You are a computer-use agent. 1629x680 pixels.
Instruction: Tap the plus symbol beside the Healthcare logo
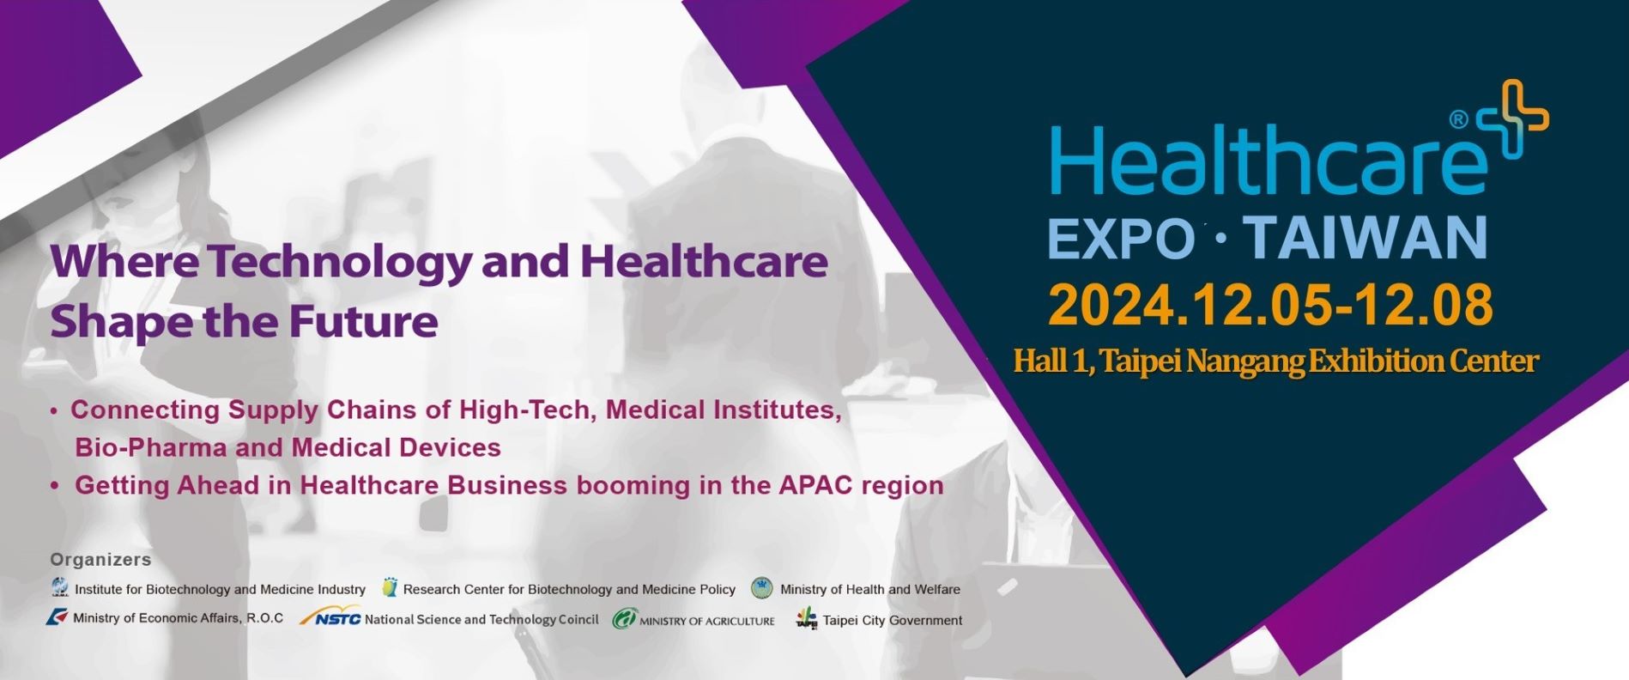coord(1512,120)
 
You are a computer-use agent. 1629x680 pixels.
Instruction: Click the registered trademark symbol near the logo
coord(1458,120)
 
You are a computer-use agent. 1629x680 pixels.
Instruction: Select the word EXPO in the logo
coord(1121,238)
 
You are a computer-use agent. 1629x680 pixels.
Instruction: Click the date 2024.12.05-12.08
coord(1270,305)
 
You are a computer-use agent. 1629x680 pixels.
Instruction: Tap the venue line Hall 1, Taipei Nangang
coord(1276,361)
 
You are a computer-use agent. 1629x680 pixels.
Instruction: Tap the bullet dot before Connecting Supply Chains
coord(54,411)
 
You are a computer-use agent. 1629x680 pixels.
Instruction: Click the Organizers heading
coord(100,560)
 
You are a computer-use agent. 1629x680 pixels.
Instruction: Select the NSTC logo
coord(330,616)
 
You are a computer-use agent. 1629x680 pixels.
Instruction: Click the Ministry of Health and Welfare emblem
coord(762,588)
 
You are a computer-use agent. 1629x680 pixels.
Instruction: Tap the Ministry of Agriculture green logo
coord(624,618)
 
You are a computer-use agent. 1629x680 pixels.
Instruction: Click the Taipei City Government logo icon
coord(807,618)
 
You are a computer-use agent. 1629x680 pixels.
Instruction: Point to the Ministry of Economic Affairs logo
coord(58,617)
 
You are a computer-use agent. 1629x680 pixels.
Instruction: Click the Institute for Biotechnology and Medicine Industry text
coord(220,589)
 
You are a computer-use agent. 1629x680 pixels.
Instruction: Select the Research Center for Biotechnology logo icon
coord(391,587)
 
